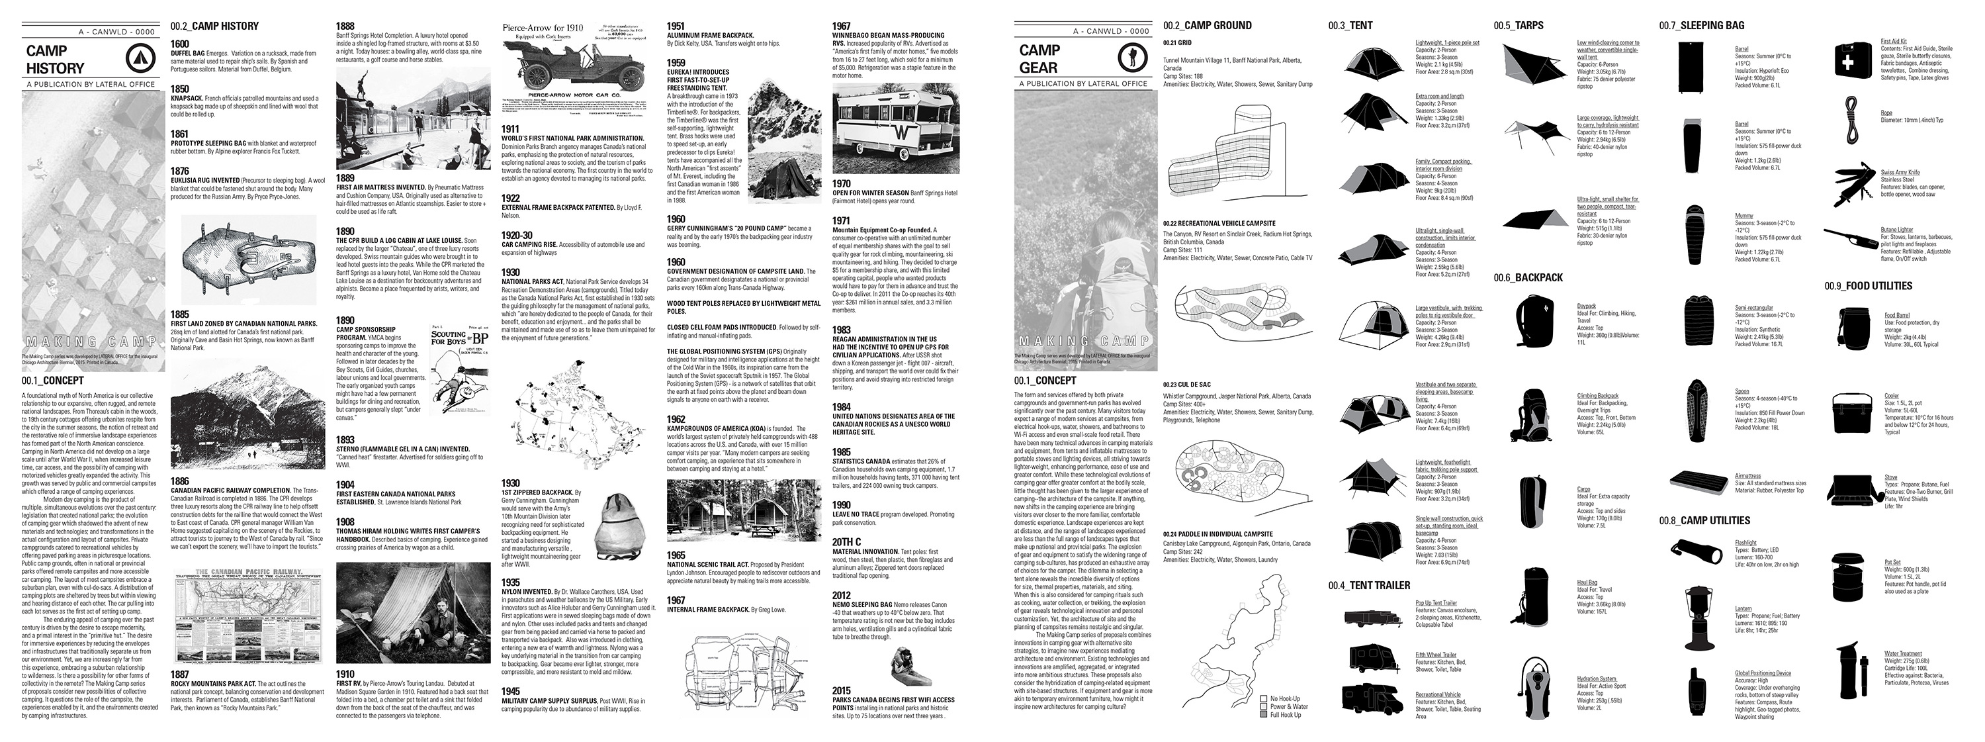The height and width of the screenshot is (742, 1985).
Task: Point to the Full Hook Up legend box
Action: [1263, 714]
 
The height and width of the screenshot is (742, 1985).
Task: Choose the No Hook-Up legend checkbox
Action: [1263, 698]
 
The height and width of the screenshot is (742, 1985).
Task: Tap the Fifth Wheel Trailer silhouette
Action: [1373, 658]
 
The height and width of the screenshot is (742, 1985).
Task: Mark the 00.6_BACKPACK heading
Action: [1528, 277]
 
